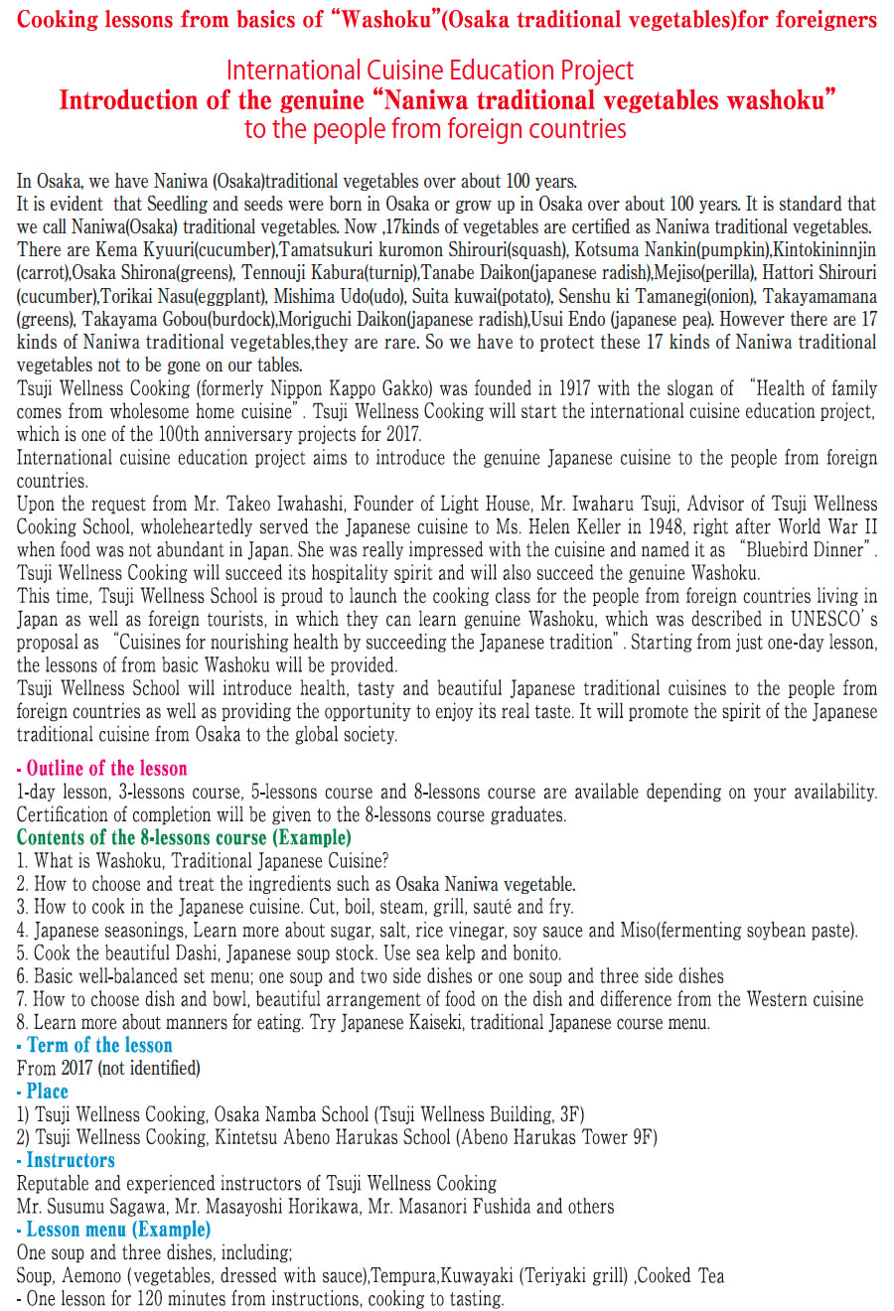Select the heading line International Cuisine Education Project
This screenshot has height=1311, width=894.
click(429, 71)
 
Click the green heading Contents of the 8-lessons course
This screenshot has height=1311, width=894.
click(184, 837)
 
